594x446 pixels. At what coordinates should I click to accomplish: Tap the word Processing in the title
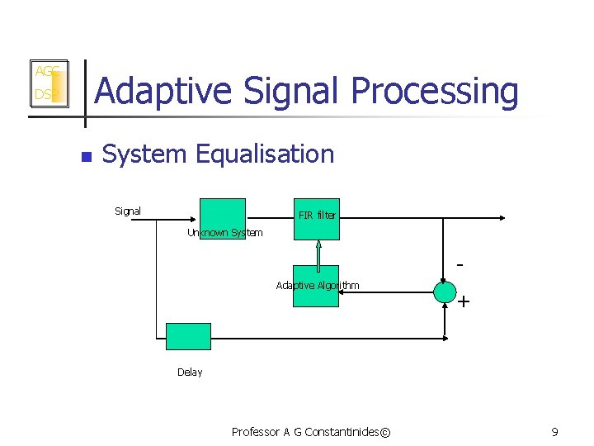pyautogui.click(x=435, y=92)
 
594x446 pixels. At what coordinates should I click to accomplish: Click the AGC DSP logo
pyautogui.click(x=48, y=83)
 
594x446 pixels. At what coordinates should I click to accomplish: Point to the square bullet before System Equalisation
pyautogui.click(x=83, y=154)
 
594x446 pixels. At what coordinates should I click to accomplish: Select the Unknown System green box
pyautogui.click(x=223, y=219)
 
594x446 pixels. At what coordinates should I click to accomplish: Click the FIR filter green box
pyautogui.click(x=317, y=219)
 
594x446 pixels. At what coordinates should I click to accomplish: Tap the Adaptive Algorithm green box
pyautogui.click(x=316, y=286)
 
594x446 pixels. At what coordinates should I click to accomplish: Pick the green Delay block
pyautogui.click(x=188, y=336)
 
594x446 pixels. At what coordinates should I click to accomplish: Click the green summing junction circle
pyautogui.click(x=445, y=292)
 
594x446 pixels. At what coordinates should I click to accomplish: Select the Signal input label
pyautogui.click(x=128, y=211)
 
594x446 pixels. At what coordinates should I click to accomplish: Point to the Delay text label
pyautogui.click(x=190, y=372)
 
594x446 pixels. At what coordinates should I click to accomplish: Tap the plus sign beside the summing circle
pyautogui.click(x=464, y=302)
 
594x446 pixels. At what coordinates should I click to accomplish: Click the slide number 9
pyautogui.click(x=555, y=432)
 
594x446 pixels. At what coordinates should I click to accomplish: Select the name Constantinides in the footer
pyautogui.click(x=339, y=432)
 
